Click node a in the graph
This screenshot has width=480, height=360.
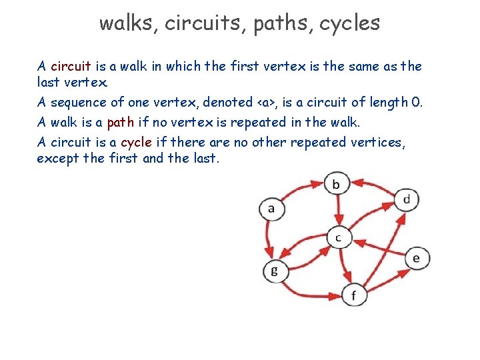271,209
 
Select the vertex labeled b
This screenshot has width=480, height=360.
336,183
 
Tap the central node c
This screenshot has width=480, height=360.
339,237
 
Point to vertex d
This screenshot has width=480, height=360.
407,199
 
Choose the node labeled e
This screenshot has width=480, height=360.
417,258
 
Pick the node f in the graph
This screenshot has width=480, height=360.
354,294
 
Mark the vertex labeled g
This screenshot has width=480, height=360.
274,271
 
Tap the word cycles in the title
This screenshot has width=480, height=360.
349,24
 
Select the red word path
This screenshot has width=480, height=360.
121,122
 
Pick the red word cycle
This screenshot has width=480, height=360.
136,142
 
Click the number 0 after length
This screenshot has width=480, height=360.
417,102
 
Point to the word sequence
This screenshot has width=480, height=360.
77,103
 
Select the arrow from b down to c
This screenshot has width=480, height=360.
338,210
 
